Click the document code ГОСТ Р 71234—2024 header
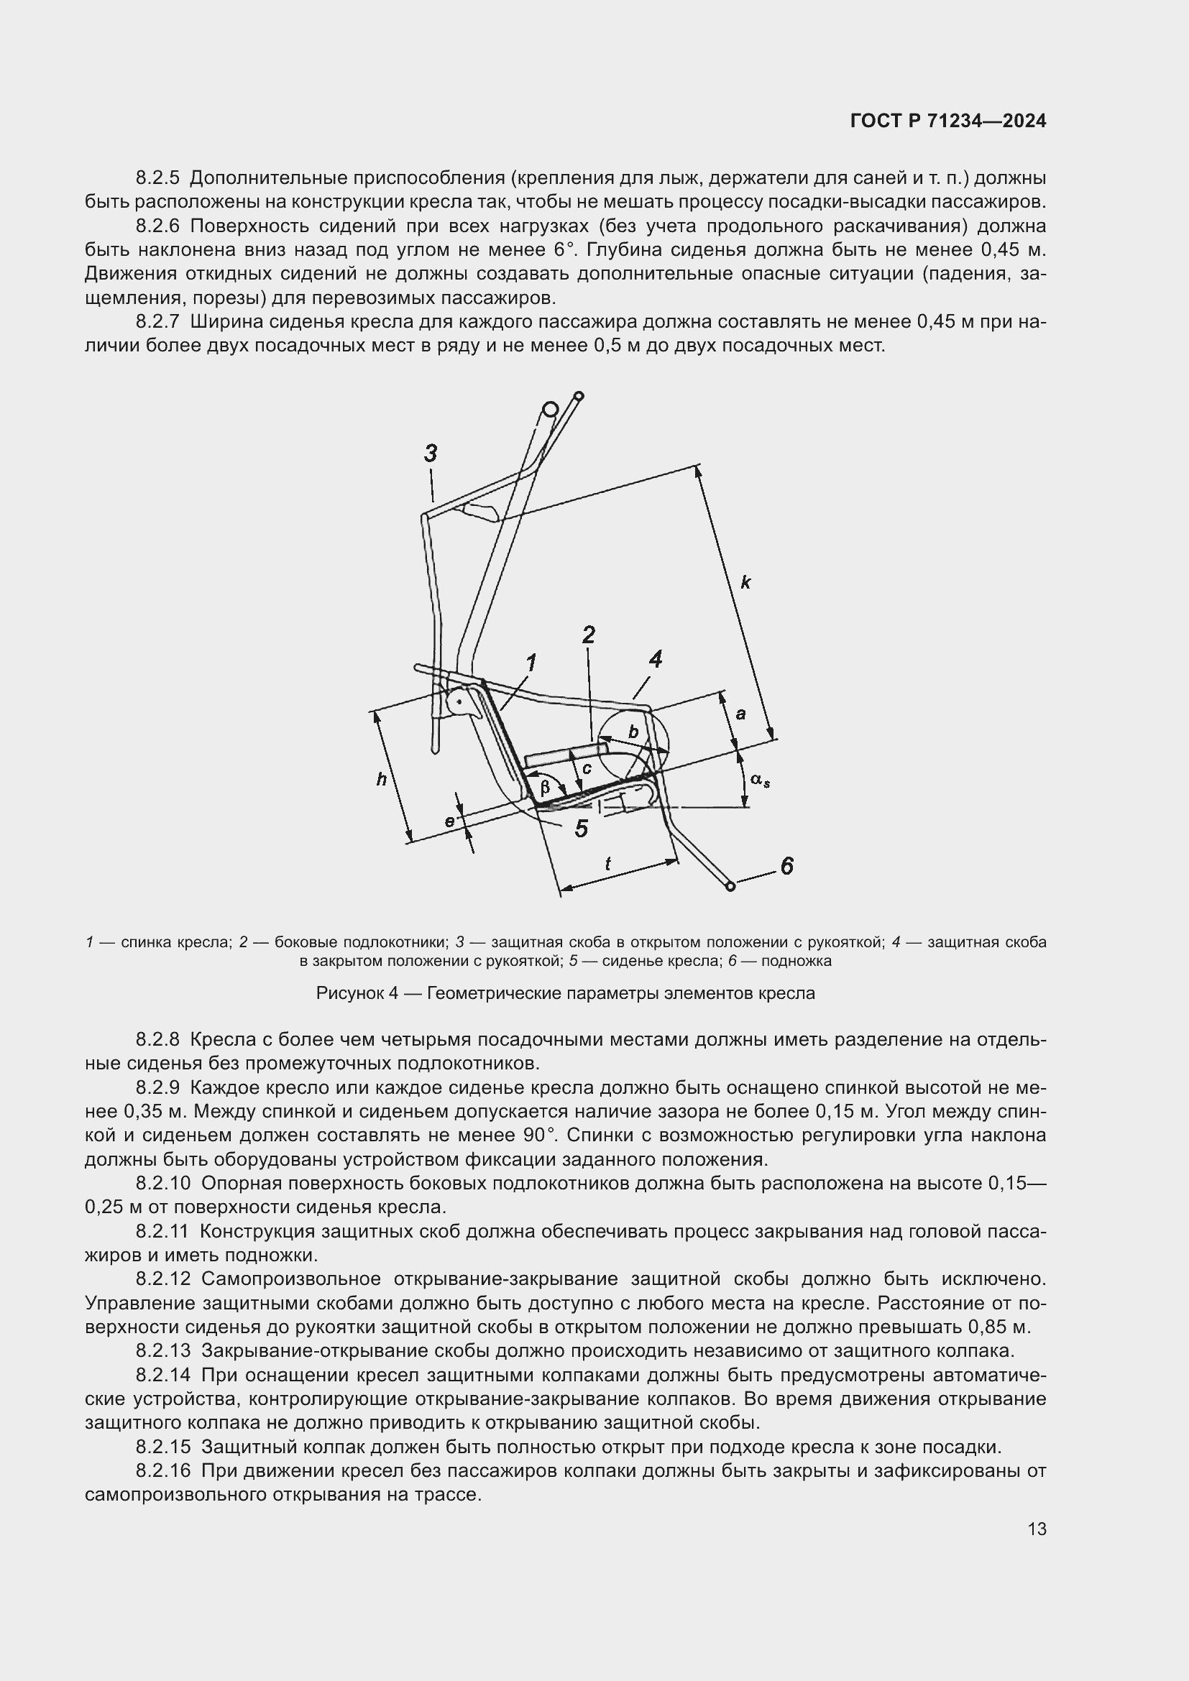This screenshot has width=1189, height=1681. (x=947, y=121)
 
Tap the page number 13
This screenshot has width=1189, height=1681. (x=1037, y=1529)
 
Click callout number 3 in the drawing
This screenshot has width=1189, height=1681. (x=431, y=453)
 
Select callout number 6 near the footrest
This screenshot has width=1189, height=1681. (x=786, y=866)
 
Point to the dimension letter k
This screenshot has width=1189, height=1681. (x=745, y=583)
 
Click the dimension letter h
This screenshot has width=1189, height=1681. (x=382, y=780)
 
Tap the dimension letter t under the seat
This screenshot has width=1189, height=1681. (x=607, y=864)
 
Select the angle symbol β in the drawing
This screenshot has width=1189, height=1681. (x=545, y=788)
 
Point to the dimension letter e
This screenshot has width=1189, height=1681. (x=449, y=821)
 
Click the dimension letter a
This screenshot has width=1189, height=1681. (x=740, y=713)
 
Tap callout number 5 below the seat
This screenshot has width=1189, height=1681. (x=582, y=829)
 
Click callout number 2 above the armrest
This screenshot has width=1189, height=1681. (x=588, y=634)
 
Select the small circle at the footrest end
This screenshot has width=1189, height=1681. (x=730, y=887)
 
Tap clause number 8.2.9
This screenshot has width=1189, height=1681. (x=157, y=1087)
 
